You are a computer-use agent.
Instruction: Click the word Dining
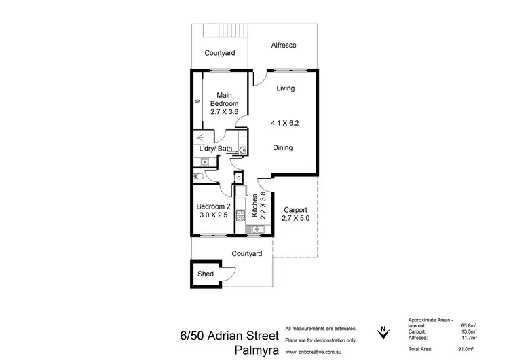[283, 147]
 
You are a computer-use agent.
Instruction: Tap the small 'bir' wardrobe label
[197, 101]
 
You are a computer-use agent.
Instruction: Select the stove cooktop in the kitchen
[240, 216]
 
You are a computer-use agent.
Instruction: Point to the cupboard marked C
[238, 178]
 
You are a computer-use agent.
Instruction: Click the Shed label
[205, 274]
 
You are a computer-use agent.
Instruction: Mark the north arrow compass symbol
[383, 331]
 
